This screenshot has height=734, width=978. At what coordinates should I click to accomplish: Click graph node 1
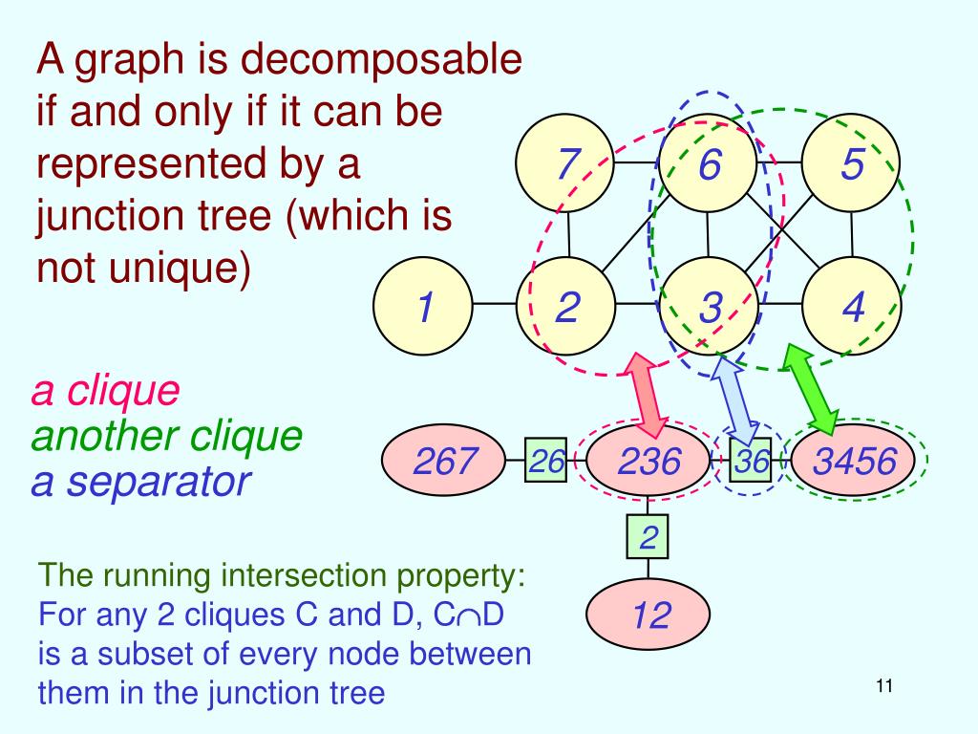coord(423,306)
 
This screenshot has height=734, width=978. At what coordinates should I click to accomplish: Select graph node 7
coord(565,162)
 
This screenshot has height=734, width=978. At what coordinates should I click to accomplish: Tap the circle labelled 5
coord(851,162)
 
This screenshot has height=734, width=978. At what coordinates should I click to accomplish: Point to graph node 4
coord(851,306)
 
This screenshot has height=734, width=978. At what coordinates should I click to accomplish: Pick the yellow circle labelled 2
coord(566,306)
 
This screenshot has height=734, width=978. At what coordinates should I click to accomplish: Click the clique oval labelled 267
coord(443,460)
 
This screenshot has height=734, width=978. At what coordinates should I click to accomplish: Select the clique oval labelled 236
coord(648,460)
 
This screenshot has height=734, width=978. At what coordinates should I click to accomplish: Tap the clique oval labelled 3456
coord(853,460)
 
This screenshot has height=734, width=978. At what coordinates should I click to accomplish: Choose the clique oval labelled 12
coord(648,615)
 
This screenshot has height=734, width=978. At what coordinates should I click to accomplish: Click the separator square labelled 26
coord(545,460)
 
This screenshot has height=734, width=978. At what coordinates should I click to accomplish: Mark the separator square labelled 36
coord(751,460)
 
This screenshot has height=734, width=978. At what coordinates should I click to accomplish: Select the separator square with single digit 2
coord(648,537)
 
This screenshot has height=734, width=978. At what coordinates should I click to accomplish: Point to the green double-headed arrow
coord(810,389)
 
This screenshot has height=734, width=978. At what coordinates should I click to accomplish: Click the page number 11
coord(884,686)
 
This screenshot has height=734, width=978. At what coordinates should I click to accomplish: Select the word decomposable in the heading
coord(381,60)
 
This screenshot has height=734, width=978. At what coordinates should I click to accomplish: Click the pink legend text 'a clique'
coord(105,391)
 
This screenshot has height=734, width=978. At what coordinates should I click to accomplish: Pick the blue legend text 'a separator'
coord(141,483)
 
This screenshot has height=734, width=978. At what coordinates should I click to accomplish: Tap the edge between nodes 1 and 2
coord(495,305)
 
